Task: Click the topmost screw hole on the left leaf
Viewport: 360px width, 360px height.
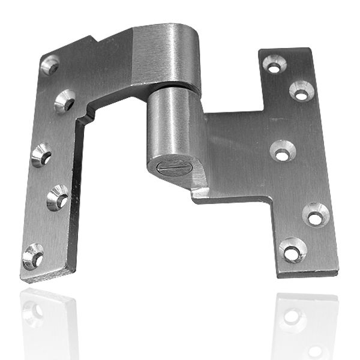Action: [x=50, y=65]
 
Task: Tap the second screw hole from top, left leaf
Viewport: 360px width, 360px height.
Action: [x=65, y=101]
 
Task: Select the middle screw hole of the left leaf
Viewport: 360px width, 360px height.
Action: [x=41, y=155]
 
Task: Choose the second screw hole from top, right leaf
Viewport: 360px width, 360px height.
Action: [x=301, y=91]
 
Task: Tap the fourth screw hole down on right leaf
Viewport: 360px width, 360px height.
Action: [x=316, y=214]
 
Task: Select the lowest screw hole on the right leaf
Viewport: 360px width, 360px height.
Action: [x=293, y=250]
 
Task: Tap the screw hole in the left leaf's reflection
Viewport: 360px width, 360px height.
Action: [x=34, y=312]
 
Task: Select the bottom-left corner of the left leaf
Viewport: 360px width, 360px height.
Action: [x=23, y=280]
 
